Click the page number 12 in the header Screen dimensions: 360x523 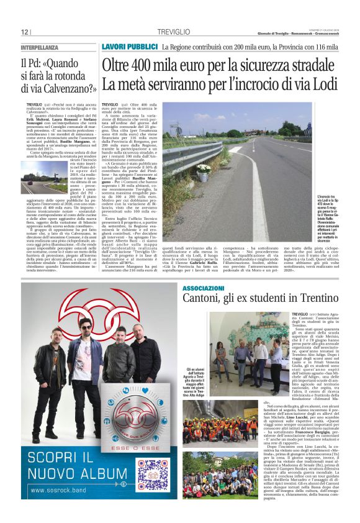click(25, 32)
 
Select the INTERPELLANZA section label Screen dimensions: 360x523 click(40, 47)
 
